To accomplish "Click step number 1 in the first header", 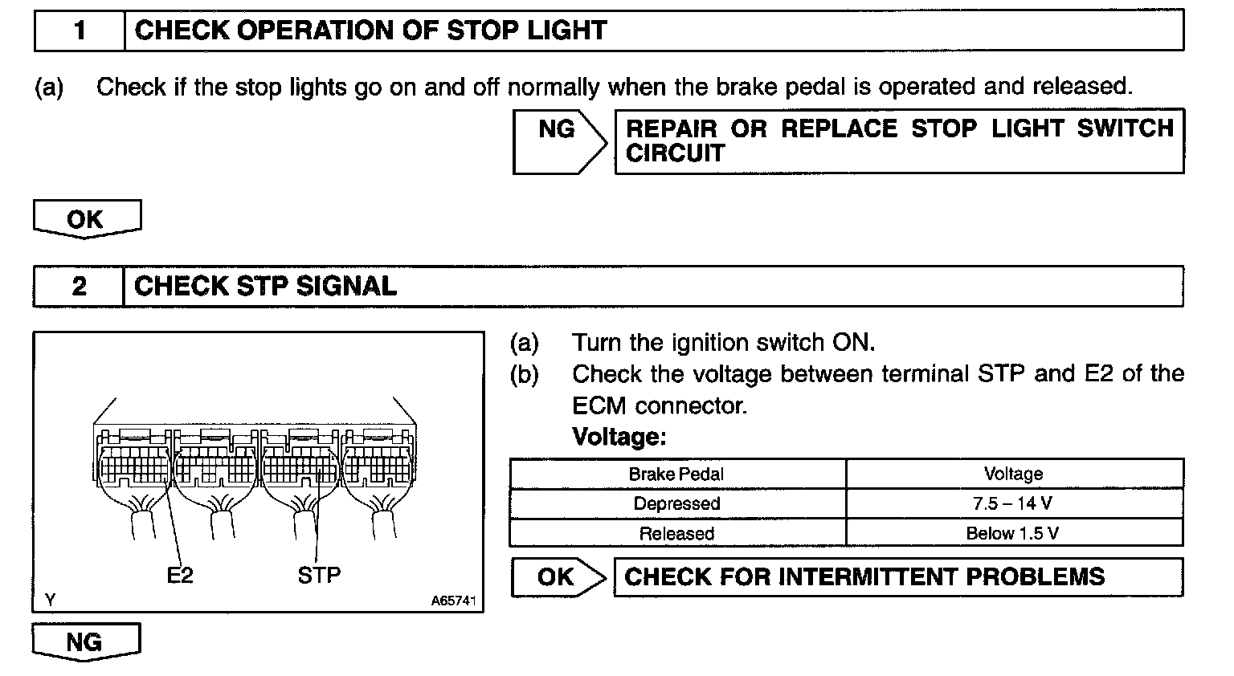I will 80,31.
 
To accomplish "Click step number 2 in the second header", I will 79,287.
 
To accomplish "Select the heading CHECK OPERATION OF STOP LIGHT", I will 370,31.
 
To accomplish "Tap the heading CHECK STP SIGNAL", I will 266,287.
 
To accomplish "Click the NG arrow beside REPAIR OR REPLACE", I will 558,140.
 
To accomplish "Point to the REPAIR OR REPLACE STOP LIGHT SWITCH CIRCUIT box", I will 899,141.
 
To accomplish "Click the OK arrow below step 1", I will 86,218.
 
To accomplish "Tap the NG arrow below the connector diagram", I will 84,641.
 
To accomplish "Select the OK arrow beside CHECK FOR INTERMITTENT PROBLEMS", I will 557,577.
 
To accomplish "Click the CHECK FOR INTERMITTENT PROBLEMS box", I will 897,577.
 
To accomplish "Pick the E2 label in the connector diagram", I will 180,575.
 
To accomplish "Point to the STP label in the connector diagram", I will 319,575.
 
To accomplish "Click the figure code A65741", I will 453,601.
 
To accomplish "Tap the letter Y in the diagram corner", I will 51,600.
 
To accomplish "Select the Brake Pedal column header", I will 676,474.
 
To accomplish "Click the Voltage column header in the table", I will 1013,474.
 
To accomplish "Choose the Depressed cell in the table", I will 676,503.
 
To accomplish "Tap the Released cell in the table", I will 676,533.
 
